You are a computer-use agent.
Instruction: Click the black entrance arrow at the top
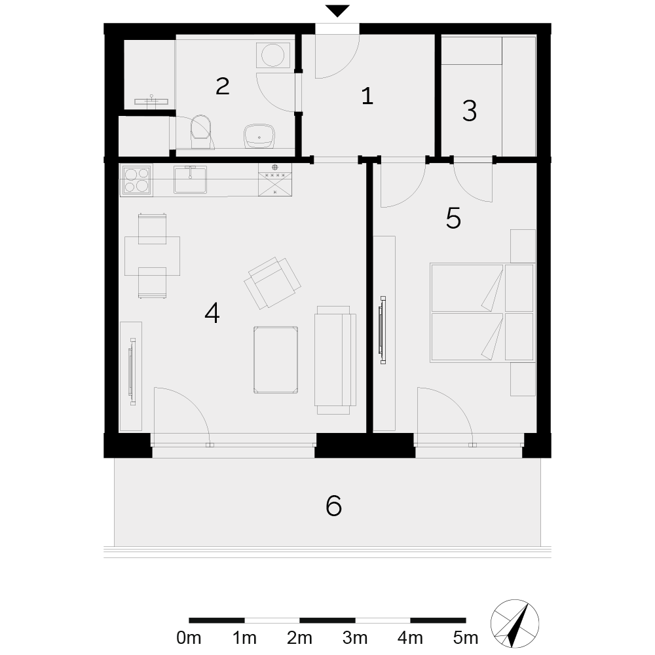[337, 10]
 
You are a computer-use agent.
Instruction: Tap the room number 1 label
[367, 96]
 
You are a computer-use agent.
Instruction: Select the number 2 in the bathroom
[222, 86]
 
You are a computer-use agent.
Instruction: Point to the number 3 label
[470, 111]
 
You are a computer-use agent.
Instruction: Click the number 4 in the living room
[212, 313]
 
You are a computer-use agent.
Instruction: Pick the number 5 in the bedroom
[453, 218]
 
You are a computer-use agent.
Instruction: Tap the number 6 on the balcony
[334, 506]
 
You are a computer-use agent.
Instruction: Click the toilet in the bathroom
[201, 132]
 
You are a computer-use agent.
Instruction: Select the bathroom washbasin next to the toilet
[259, 136]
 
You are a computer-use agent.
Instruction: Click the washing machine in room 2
[273, 55]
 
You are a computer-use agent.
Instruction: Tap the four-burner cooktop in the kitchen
[136, 180]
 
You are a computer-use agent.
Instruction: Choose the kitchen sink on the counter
[190, 179]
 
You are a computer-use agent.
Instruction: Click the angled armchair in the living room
[272, 282]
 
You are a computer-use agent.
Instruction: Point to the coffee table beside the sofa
[276, 360]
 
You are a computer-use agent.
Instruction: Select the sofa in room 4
[335, 360]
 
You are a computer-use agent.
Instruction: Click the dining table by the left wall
[152, 256]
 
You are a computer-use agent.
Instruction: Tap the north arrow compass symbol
[515, 624]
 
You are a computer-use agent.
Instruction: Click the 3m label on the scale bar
[355, 638]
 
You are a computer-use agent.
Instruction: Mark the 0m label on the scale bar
[189, 638]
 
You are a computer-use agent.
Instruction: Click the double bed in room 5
[482, 312]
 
